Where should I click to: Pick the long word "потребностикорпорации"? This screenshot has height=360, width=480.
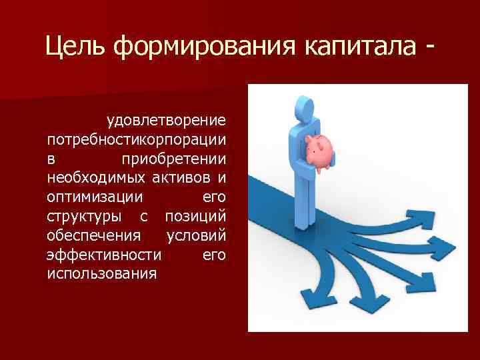tap(137, 141)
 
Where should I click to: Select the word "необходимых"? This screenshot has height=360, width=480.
tap(89, 179)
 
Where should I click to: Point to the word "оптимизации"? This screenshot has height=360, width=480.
tap(95, 198)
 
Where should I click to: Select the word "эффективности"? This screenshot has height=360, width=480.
tap(103, 255)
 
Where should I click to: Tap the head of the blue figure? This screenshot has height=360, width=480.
tap(305, 107)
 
